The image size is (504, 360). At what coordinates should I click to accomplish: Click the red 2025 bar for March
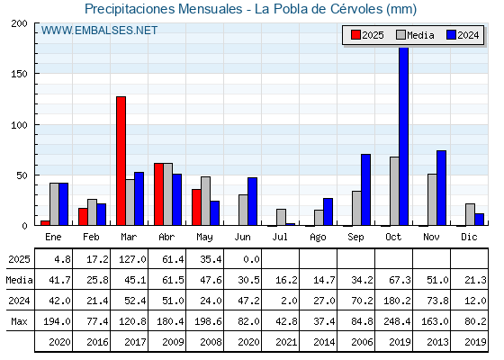121,161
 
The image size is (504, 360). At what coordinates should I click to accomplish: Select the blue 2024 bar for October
404,136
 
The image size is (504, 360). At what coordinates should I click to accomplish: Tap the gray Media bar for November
432,200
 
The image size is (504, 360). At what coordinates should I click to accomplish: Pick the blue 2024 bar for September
365,190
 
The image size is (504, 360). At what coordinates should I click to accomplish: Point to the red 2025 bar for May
197,207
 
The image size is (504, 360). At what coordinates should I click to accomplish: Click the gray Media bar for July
281,217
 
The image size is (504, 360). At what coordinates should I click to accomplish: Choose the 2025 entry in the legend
367,35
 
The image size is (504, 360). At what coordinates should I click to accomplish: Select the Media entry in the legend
415,35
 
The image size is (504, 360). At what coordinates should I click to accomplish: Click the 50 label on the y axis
22,175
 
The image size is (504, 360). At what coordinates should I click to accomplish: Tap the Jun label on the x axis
242,238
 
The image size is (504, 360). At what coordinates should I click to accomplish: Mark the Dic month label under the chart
469,238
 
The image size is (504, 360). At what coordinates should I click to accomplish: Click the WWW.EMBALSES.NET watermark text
99,31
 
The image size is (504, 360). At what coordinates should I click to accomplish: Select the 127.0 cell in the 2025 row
132,259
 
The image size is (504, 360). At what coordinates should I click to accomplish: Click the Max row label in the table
19,321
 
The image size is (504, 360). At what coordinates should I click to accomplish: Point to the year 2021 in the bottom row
286,342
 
